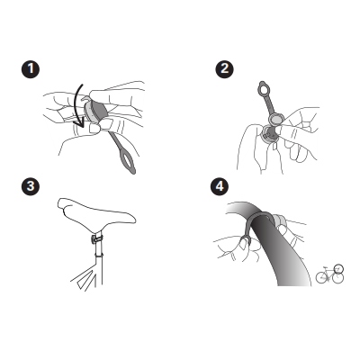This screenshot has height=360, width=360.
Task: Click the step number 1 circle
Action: pyautogui.click(x=31, y=69)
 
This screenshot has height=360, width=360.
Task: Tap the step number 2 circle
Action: pyautogui.click(x=225, y=69)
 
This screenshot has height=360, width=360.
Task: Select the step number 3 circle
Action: pyautogui.click(x=31, y=186)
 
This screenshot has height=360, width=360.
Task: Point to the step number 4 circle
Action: pyautogui.click(x=220, y=186)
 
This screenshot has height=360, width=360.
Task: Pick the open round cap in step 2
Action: pyautogui.click(x=275, y=119)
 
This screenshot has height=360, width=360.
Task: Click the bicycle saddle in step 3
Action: pyautogui.click(x=96, y=213)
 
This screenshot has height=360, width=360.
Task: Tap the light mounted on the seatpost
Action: pyautogui.click(x=96, y=239)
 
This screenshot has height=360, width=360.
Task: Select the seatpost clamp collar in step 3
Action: pyautogui.click(x=99, y=256)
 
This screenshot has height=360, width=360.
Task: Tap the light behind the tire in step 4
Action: pyautogui.click(x=279, y=220)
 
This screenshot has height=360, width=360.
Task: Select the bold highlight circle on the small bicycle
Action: pyautogui.click(x=338, y=268)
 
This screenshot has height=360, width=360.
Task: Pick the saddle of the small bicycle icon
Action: pyautogui.click(x=325, y=267)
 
